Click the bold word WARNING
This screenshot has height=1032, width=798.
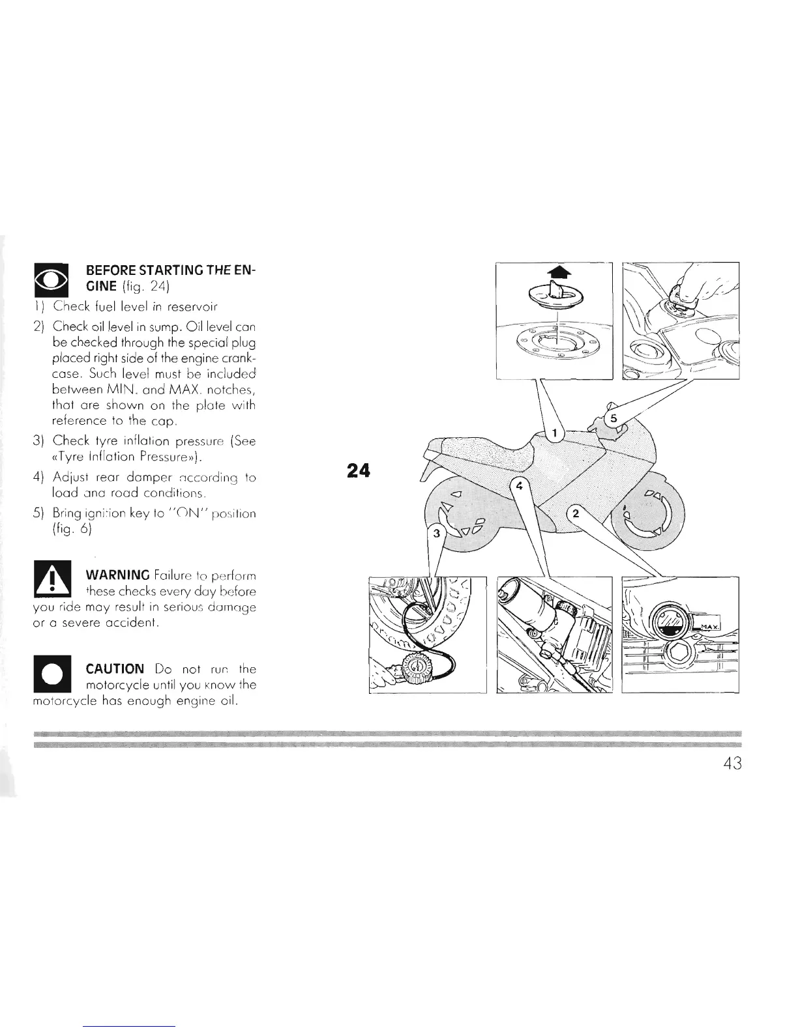119,576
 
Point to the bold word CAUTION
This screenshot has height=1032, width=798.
115,669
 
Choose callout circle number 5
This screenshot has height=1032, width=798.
612,417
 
